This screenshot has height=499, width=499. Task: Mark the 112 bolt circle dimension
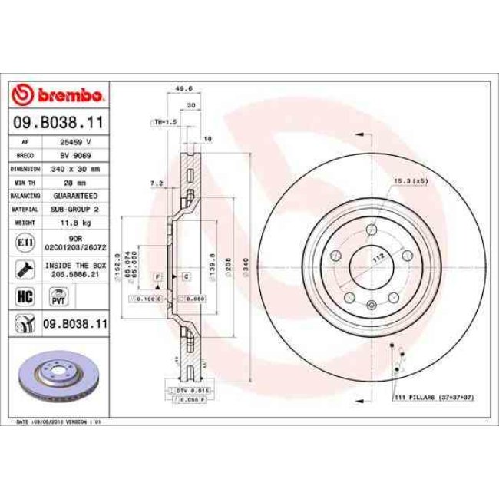click(x=377, y=259)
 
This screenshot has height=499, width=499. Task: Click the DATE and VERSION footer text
click(x=59, y=421)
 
